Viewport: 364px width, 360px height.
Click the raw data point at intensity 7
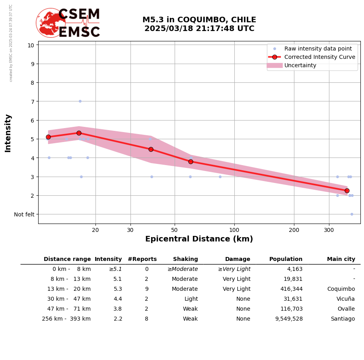click(x=80, y=101)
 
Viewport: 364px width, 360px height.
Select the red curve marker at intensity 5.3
click(x=79, y=133)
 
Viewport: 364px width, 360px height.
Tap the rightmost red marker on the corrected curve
click(x=347, y=191)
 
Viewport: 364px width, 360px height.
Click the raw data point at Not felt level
click(x=352, y=214)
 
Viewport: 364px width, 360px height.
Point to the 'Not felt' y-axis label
click(x=24, y=214)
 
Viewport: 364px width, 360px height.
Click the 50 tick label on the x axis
click(x=174, y=230)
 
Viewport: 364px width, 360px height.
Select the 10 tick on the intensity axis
click(x=31, y=45)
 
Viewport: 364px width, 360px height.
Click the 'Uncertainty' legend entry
click(x=300, y=65)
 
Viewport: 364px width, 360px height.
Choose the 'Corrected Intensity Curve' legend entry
click(x=319, y=57)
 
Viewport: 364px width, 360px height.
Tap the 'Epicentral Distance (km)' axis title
click(x=199, y=239)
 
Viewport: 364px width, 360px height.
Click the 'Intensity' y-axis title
click(x=8, y=133)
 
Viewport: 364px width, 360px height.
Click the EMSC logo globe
click(x=51, y=23)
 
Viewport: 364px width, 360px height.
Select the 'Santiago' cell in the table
click(x=343, y=319)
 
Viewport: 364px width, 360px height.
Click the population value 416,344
click(x=291, y=289)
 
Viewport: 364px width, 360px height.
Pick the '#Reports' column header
click(x=142, y=259)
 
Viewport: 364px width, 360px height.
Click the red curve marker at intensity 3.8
click(x=191, y=162)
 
